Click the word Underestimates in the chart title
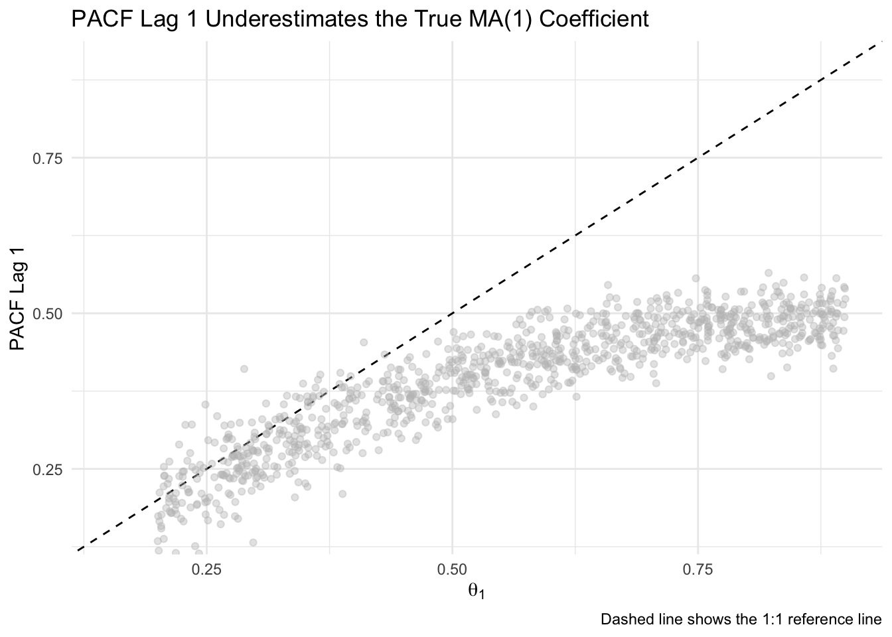(287, 19)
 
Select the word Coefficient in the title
(593, 19)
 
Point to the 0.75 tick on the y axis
(48, 159)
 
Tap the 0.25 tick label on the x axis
(206, 570)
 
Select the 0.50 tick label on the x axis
(452, 570)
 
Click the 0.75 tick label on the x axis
(698, 570)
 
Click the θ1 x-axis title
(477, 592)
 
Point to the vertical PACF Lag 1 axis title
(17, 299)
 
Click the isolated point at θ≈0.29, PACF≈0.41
(244, 369)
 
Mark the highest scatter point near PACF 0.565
(769, 273)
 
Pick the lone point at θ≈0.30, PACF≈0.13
(253, 542)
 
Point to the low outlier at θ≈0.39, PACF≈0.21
(342, 494)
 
